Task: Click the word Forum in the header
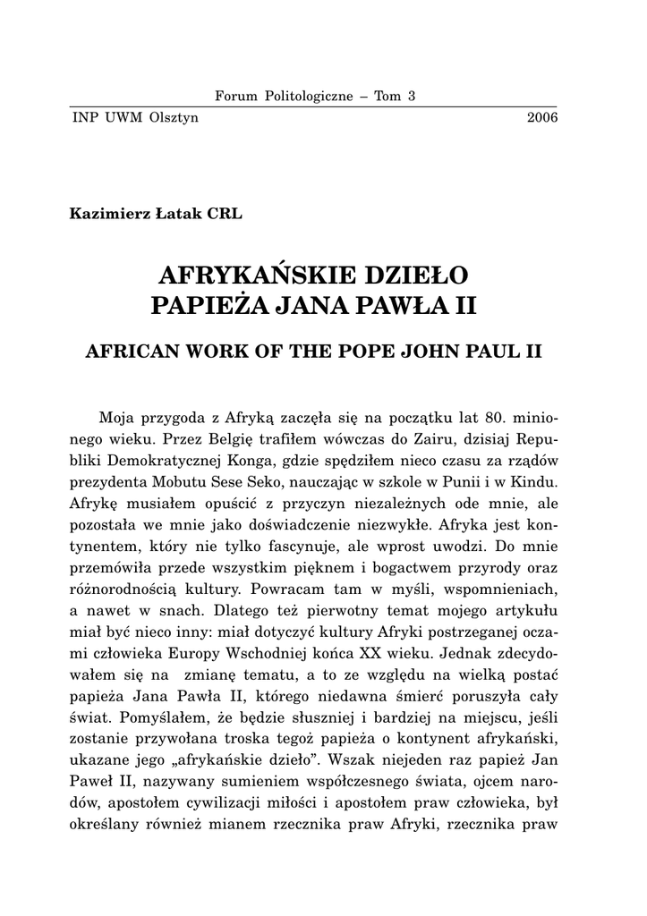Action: pyautogui.click(x=235, y=97)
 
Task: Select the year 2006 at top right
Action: pyautogui.click(x=542, y=117)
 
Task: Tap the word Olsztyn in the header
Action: pyautogui.click(x=175, y=117)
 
